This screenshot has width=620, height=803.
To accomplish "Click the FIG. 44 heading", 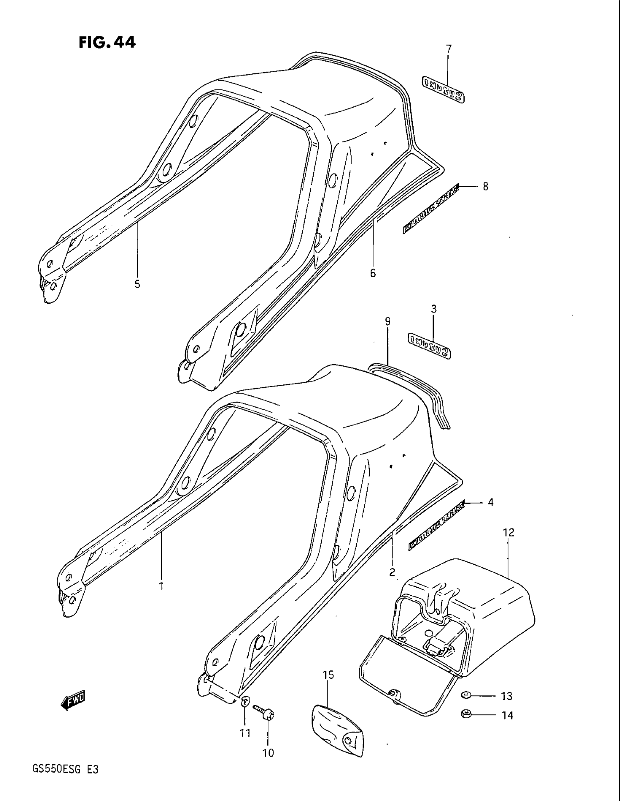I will click(x=107, y=43).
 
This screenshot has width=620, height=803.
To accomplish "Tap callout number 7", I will click(x=449, y=49).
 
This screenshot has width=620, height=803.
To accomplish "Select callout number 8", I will click(x=485, y=187).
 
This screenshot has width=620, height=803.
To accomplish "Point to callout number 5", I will click(x=137, y=284).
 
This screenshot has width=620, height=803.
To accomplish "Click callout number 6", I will click(x=373, y=273).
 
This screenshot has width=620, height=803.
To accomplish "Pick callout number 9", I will click(x=387, y=321).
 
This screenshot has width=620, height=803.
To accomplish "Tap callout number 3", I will click(x=434, y=309).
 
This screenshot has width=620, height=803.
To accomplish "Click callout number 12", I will click(x=509, y=532).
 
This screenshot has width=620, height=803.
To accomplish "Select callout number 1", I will click(x=160, y=586).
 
